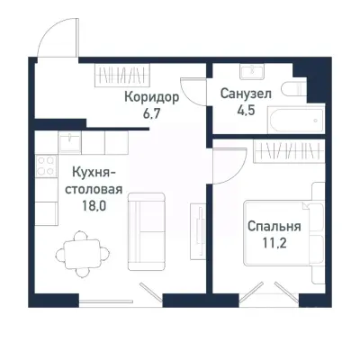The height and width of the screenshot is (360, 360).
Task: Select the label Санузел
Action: coord(245,94)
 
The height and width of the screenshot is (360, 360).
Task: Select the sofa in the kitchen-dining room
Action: coord(141,230)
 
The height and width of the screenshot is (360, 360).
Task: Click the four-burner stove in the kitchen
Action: coord(41,166)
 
